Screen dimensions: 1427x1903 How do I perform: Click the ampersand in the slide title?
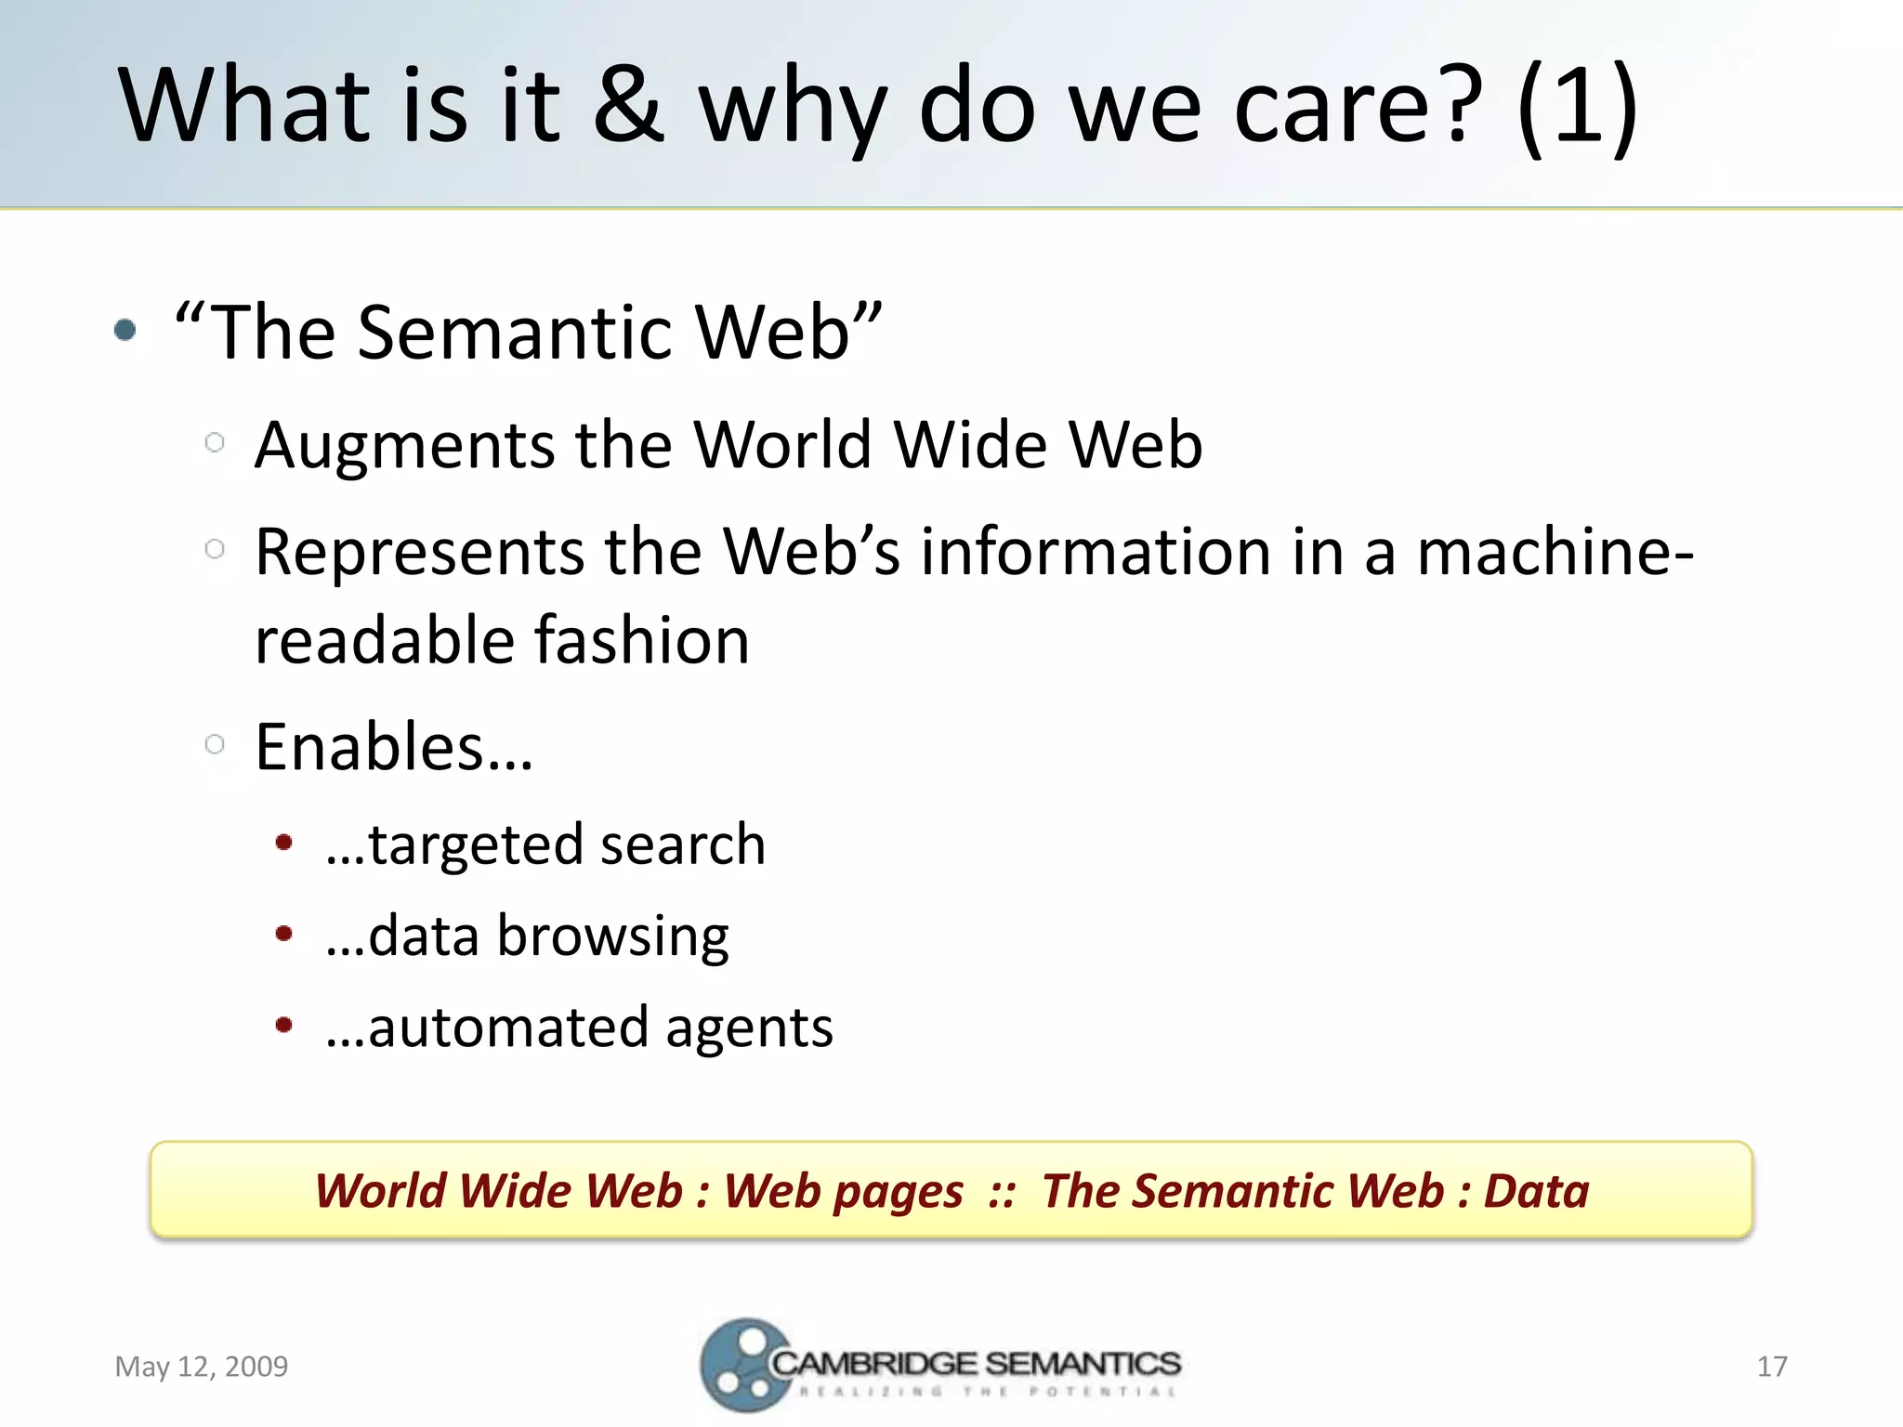coord(628,104)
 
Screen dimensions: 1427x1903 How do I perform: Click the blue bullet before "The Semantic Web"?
coord(125,330)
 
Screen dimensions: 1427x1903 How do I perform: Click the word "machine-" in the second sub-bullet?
coord(1554,553)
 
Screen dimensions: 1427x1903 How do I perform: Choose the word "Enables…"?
coord(394,747)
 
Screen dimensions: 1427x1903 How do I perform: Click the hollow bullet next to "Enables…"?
coord(215,744)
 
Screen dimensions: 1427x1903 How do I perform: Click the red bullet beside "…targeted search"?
coord(284,843)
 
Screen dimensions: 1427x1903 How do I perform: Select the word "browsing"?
coord(613,936)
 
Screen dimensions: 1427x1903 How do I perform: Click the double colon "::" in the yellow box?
coord(1002,1192)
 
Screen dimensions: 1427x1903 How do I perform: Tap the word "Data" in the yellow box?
coord(1536,1191)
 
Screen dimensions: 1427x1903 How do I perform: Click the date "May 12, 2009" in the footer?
coord(202,1367)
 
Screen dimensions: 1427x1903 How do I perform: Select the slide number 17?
coord(1772,1367)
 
